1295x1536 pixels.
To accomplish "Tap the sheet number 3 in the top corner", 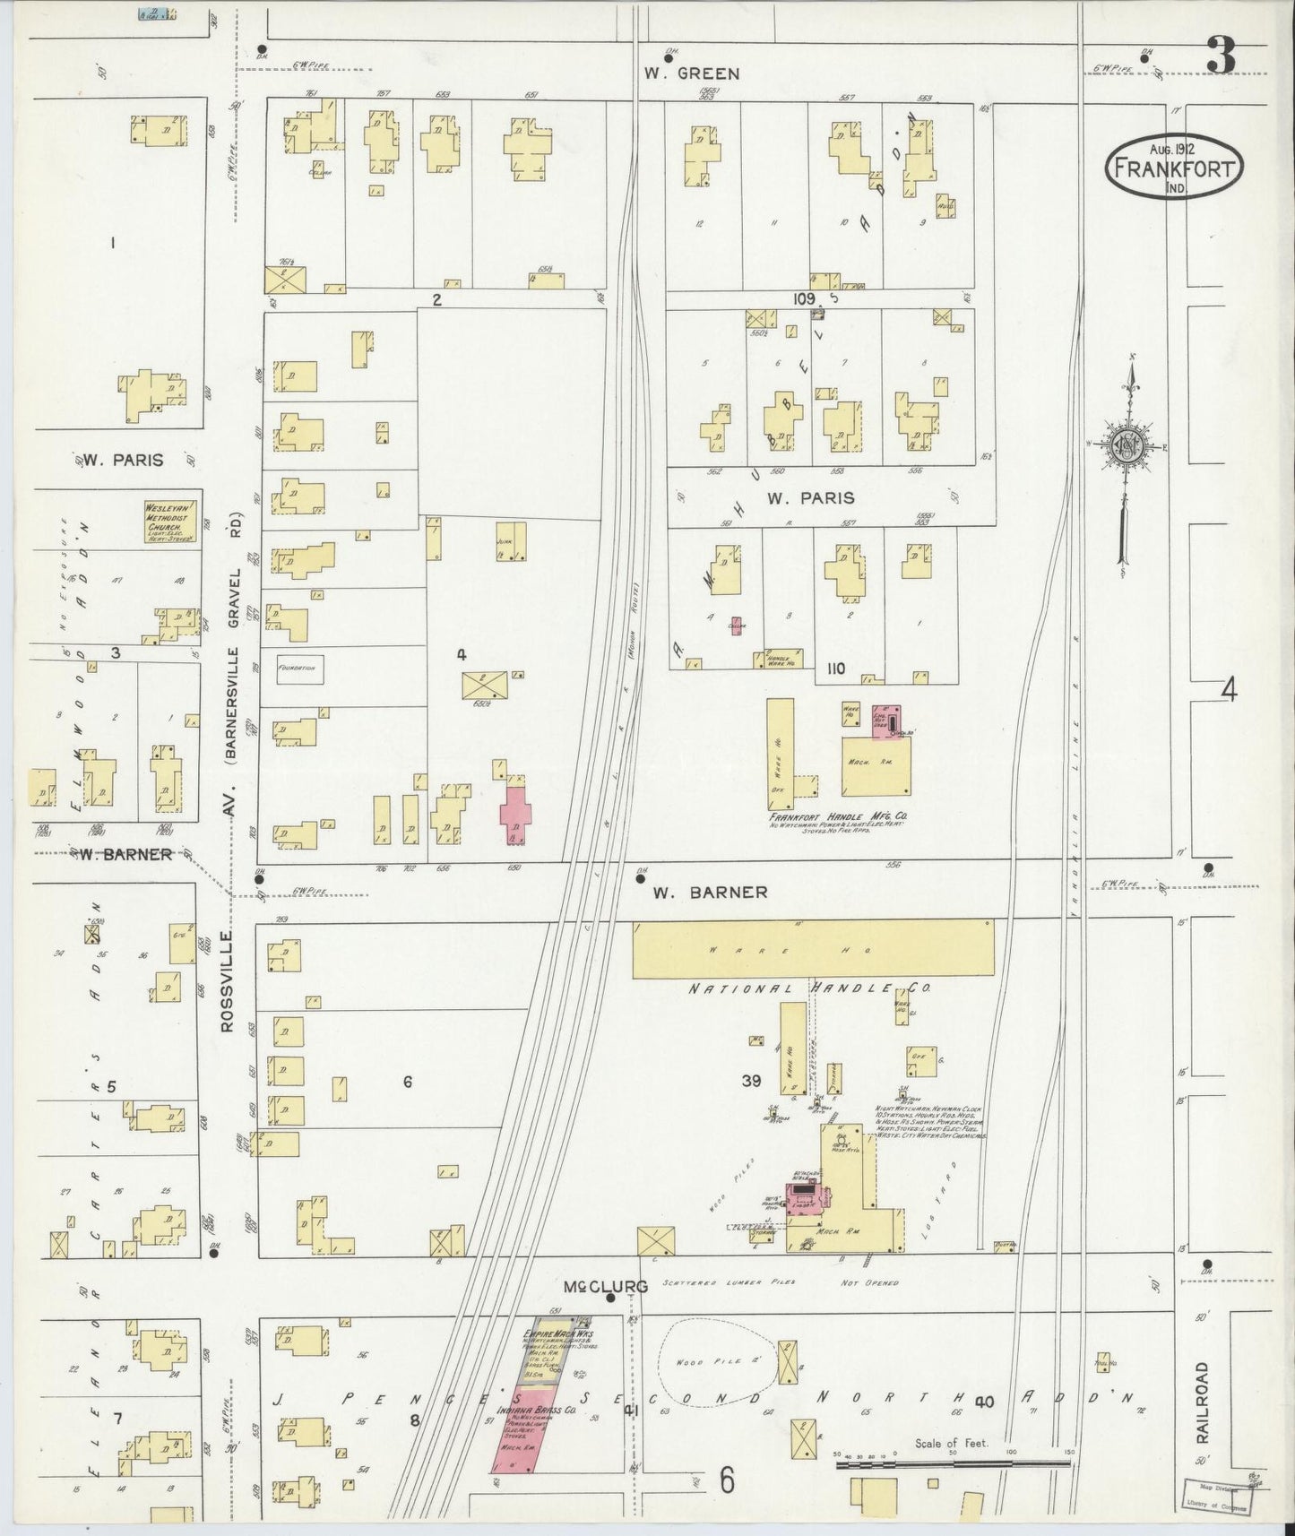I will click(1221, 56).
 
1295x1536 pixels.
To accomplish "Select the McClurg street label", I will click(605, 1286).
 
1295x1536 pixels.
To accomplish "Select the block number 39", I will click(751, 1082).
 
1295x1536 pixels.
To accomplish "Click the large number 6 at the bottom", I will click(727, 1480).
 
